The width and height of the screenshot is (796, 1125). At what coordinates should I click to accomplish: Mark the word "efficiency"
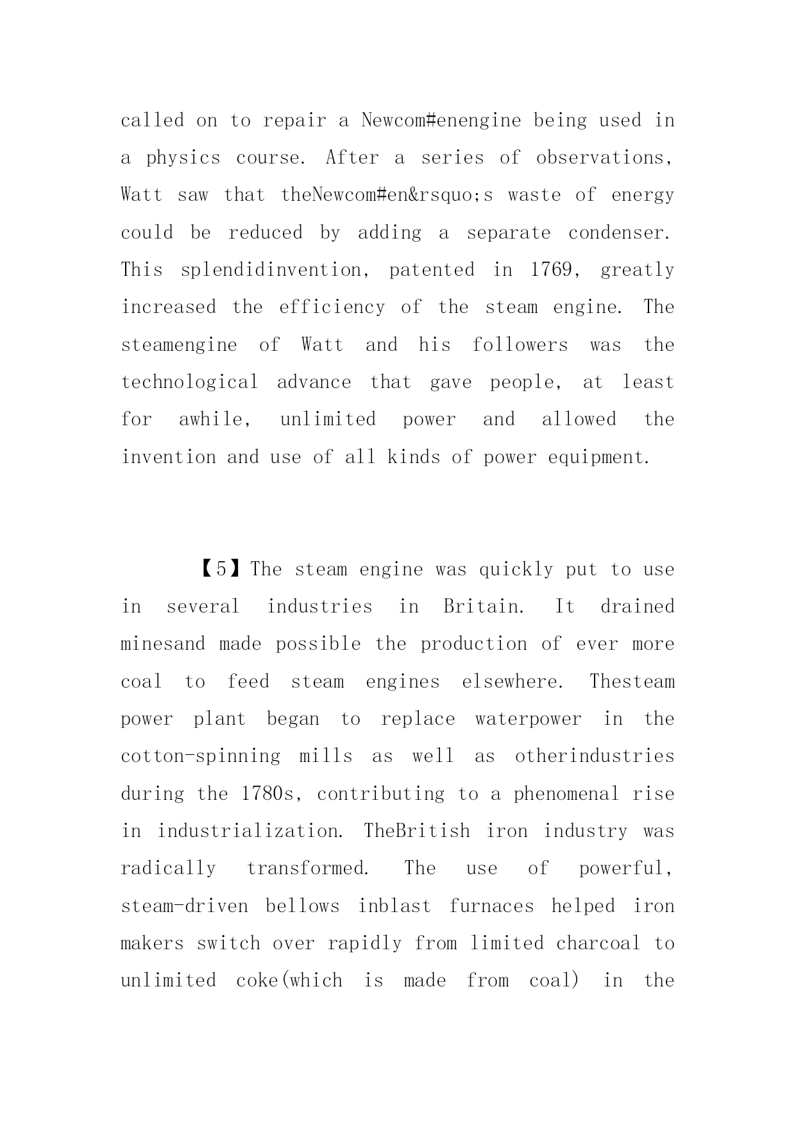[332, 307]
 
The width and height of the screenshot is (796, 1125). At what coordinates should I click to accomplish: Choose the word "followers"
[520, 345]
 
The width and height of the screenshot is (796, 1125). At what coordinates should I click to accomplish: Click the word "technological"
[189, 382]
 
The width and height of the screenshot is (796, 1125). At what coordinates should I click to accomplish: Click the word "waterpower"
[528, 719]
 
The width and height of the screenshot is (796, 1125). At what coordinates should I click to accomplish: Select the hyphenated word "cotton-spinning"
[200, 756]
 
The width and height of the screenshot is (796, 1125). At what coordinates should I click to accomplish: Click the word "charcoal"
[598, 943]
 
